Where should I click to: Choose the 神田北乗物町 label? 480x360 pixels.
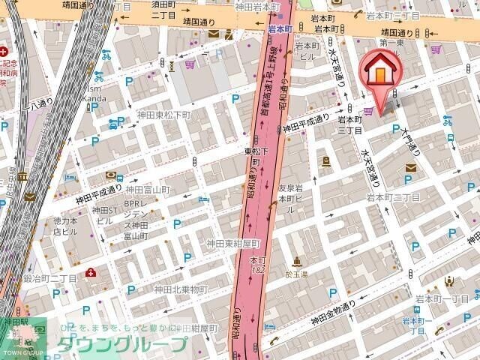180,289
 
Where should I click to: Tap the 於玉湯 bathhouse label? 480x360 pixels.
298,274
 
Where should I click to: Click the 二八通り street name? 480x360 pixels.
35,104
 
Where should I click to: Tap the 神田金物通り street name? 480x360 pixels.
340,308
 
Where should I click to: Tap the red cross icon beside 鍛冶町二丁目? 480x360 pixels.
90,272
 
